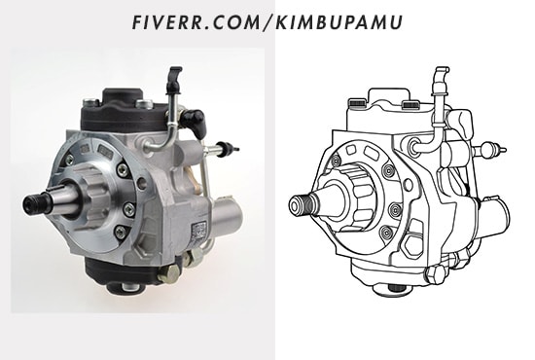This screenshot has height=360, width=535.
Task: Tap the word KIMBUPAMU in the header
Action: coord(339,22)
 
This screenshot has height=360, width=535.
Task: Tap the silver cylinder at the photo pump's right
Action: coord(228,216)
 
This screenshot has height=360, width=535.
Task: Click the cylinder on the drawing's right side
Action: coord(494,217)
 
